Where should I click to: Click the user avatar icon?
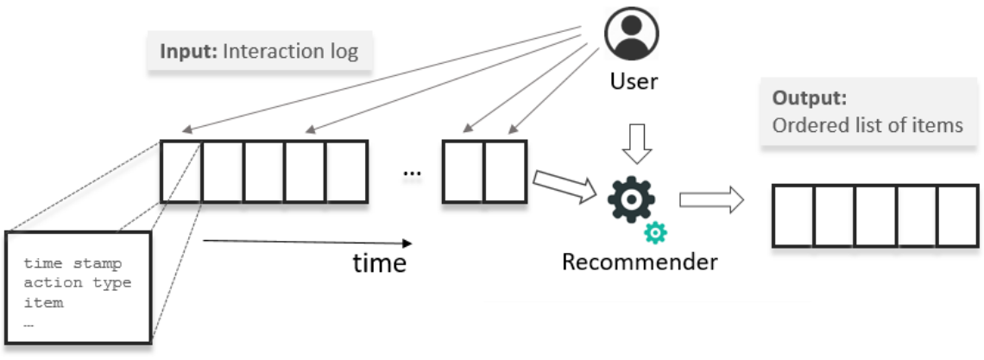[631, 34]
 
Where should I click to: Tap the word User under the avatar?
[634, 81]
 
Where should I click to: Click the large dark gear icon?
[631, 200]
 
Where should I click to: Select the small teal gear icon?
[655, 233]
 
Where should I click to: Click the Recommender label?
[640, 262]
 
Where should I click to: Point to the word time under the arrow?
[380, 262]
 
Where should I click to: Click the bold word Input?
[189, 51]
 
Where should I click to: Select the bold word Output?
[810, 98]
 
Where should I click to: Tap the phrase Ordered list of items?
[867, 125]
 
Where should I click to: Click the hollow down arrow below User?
[637, 143]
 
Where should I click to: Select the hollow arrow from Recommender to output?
[711, 200]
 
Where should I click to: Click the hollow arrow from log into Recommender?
[565, 186]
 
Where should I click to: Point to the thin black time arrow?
[307, 242]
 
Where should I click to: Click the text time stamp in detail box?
[73, 263]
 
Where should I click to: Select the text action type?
[78, 283]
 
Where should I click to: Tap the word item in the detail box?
[43, 302]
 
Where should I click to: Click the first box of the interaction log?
[180, 171]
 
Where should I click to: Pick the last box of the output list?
[957, 216]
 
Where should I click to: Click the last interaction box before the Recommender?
[505, 171]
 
